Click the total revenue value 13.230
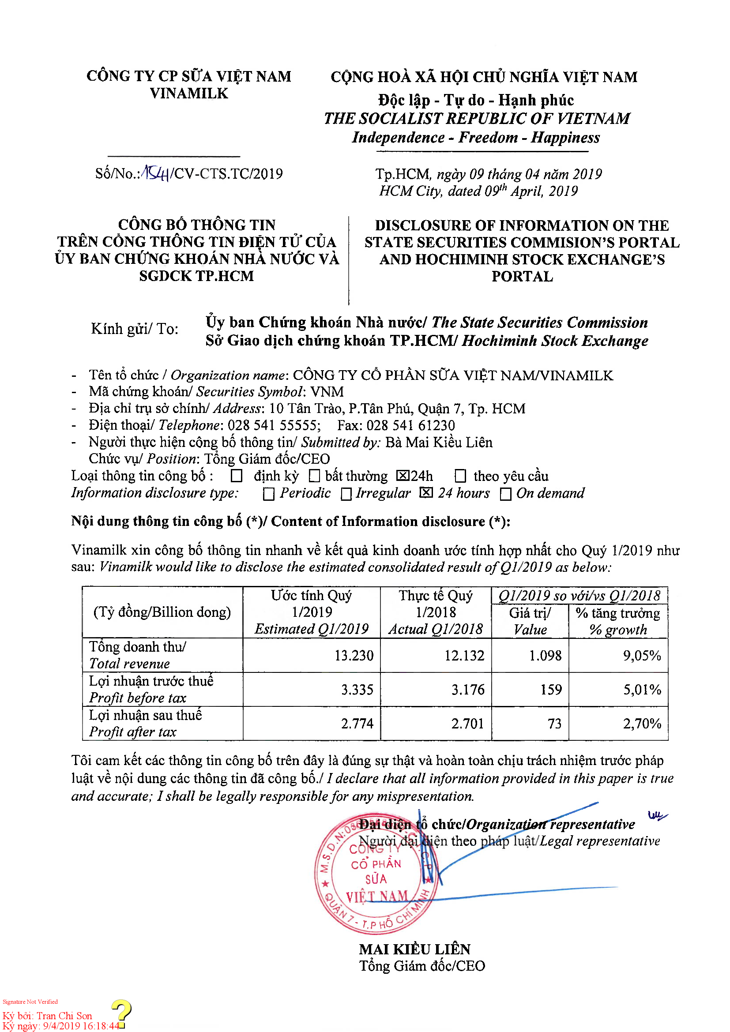(x=354, y=656)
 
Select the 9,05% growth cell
(x=641, y=656)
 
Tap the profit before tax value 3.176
(x=468, y=690)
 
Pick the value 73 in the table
(x=554, y=723)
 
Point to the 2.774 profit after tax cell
(x=357, y=723)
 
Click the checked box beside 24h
(x=403, y=476)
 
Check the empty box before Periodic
(x=269, y=494)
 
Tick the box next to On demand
(x=506, y=494)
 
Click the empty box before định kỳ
(x=237, y=476)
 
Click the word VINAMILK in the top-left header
(x=189, y=94)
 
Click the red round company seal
(x=376, y=874)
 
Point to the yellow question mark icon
(x=121, y=1012)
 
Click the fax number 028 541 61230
(x=410, y=425)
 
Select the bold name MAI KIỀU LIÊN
(x=414, y=949)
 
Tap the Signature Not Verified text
(x=30, y=1002)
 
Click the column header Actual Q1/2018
(x=436, y=629)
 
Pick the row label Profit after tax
(x=132, y=732)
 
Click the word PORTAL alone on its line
(x=522, y=277)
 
